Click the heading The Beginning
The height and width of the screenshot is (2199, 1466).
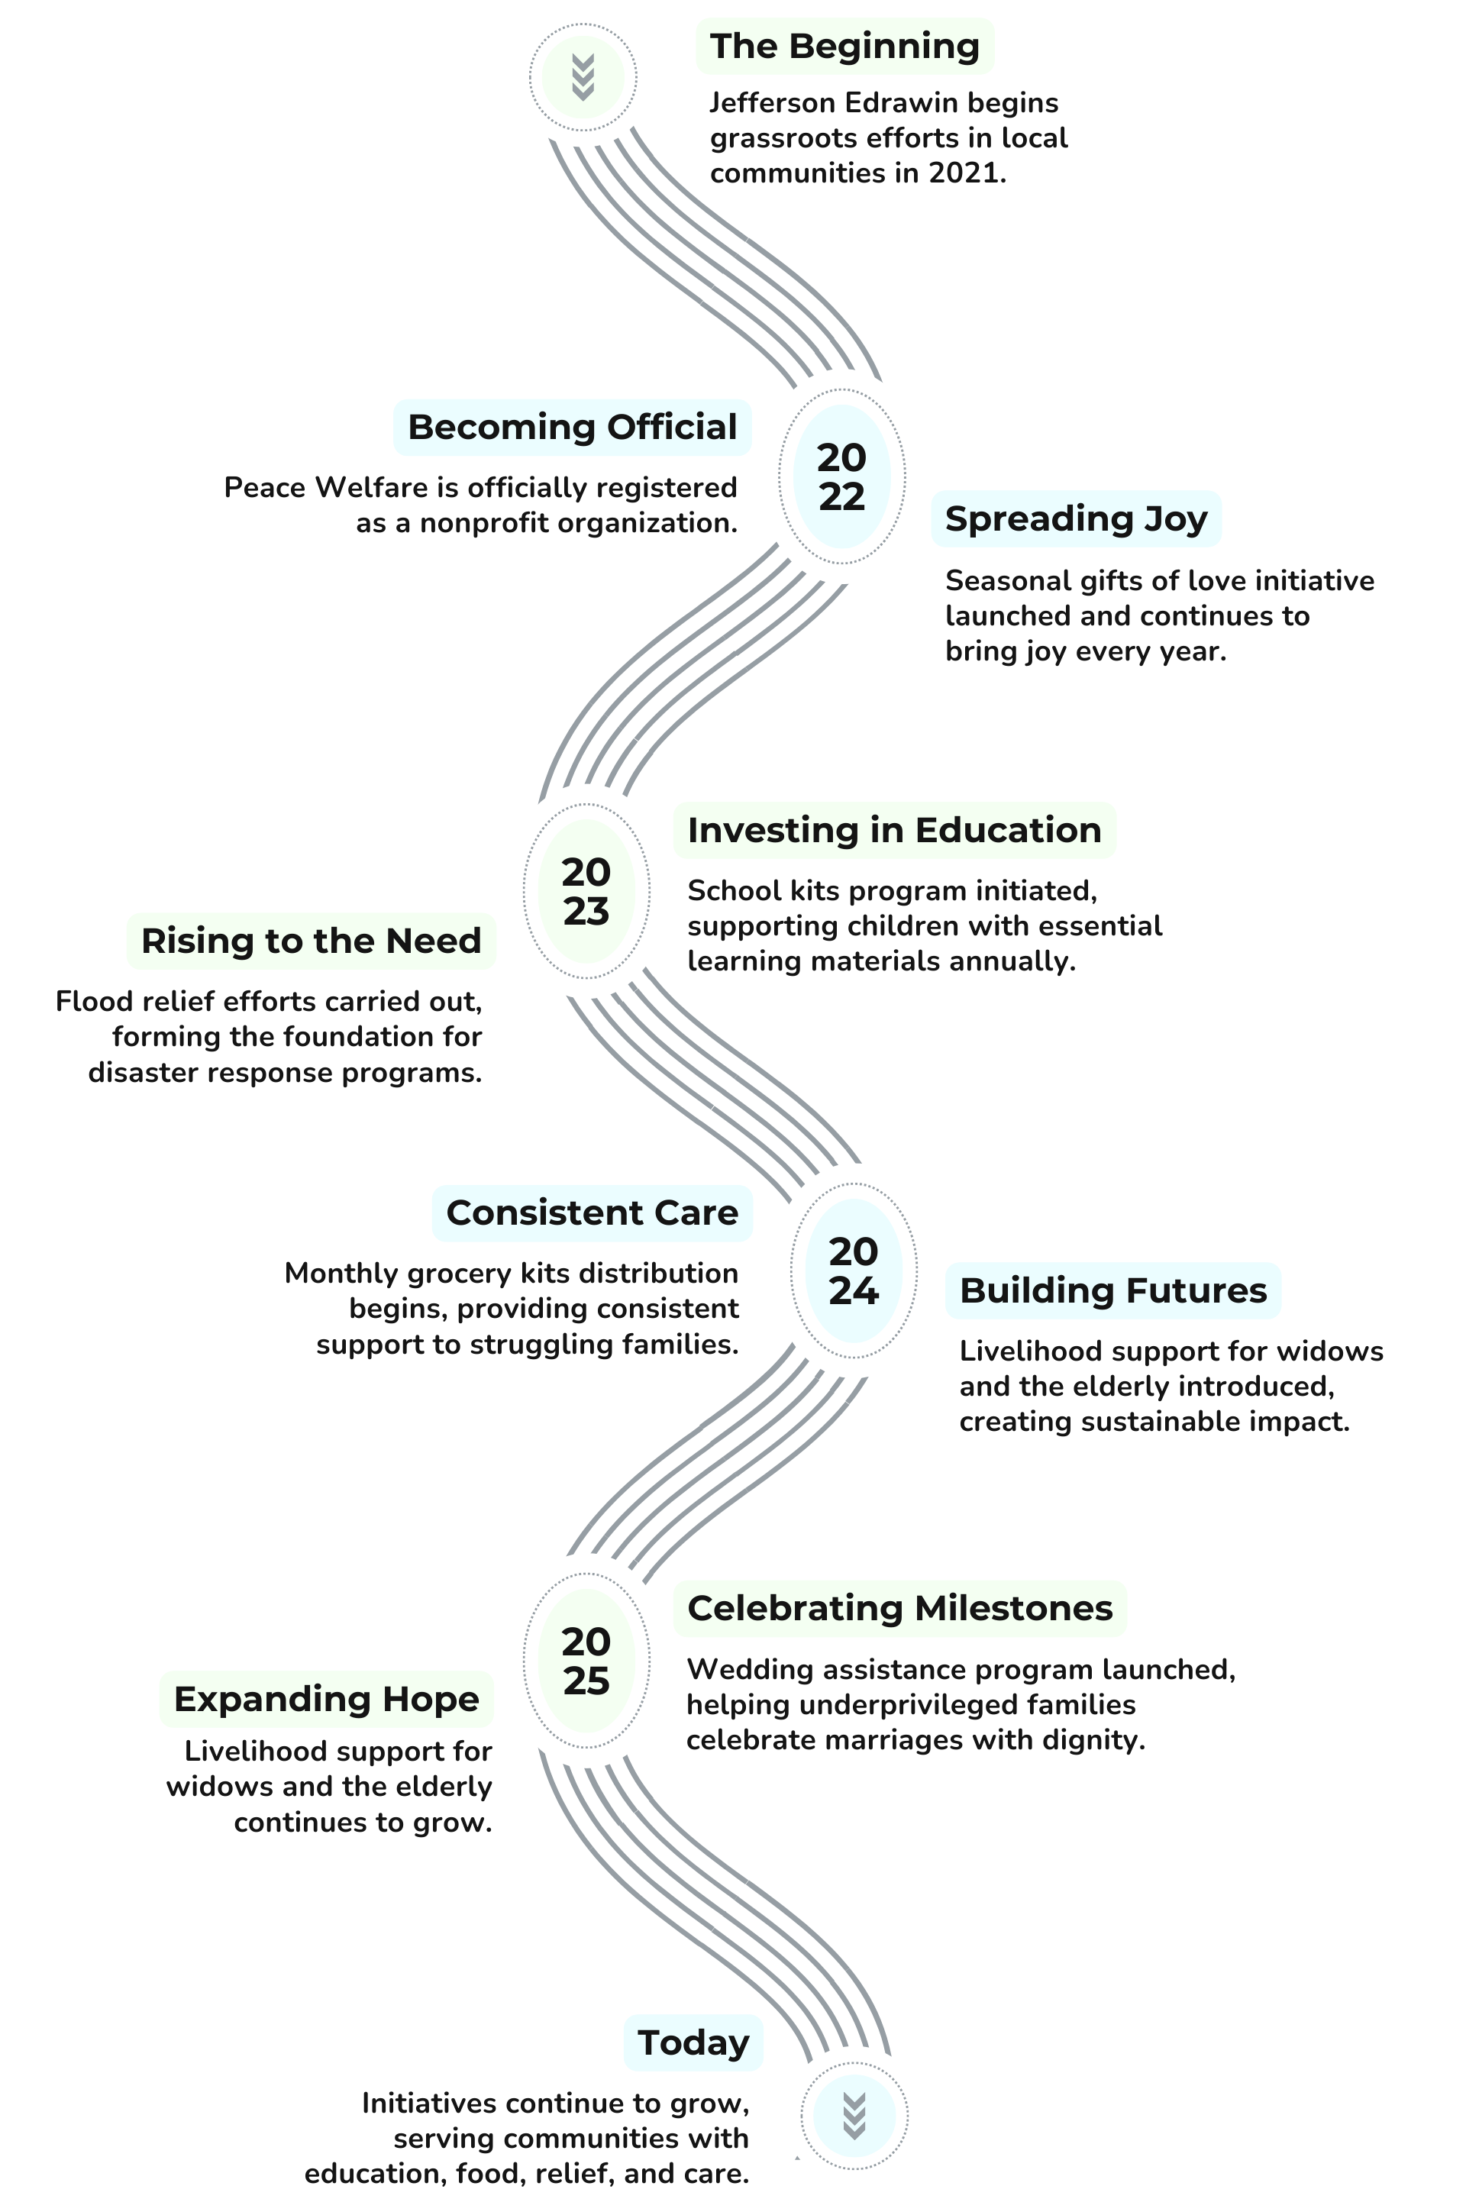844,46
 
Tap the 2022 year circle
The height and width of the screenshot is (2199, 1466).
841,476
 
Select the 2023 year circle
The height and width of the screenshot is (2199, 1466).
586,891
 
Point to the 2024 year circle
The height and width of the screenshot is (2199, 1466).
854,1271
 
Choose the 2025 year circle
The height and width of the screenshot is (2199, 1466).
586,1661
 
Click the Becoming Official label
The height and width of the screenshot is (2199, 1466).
572,428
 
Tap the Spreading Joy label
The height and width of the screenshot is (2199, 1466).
1076,518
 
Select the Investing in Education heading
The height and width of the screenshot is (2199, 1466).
894,830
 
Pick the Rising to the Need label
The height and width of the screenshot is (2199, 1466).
312,941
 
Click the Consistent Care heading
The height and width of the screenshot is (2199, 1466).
592,1213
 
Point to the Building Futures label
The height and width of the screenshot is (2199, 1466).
1112,1290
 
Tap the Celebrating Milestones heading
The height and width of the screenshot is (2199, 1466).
899,1608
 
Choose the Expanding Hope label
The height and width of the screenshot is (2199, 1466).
326,1699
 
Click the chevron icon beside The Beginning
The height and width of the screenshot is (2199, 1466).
583,76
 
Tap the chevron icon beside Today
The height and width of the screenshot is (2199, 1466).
854,2116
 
